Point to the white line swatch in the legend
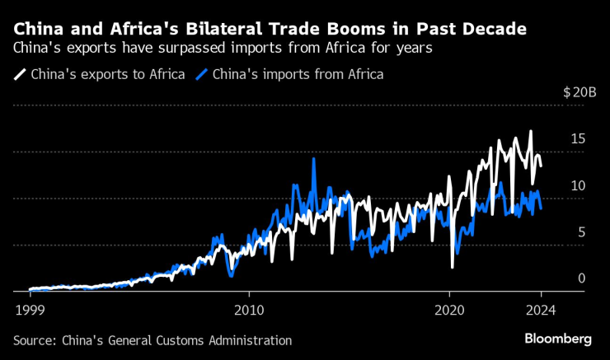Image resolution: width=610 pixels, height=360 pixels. click(x=19, y=74)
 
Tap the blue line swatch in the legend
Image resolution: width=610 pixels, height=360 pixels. click(x=201, y=74)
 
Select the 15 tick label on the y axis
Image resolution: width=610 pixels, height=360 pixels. click(x=578, y=139)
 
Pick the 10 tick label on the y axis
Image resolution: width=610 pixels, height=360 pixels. click(x=578, y=186)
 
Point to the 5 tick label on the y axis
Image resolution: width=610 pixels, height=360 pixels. click(x=581, y=232)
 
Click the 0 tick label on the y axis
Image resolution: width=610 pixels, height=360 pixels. click(x=581, y=278)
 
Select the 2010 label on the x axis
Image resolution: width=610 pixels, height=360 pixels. click(x=249, y=311)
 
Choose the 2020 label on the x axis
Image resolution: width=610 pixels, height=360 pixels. click(x=448, y=311)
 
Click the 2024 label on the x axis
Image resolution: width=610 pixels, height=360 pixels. click(x=542, y=311)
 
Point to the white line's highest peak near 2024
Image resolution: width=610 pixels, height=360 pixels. click(x=531, y=132)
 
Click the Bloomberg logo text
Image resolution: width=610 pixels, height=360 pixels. click(x=558, y=339)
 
